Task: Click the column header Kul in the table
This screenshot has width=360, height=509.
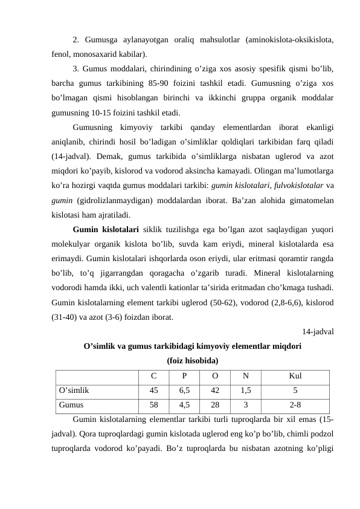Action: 295,376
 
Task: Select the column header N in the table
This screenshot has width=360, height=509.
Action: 245,376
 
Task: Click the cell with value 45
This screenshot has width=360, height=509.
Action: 155,391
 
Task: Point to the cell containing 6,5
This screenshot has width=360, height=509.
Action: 184,391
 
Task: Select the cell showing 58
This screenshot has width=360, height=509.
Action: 155,406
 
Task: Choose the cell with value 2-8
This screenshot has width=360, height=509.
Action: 295,406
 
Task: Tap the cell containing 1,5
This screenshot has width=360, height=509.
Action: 245,391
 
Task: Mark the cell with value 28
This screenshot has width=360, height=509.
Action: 215,406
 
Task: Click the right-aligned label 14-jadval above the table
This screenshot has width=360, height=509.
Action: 318,331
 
